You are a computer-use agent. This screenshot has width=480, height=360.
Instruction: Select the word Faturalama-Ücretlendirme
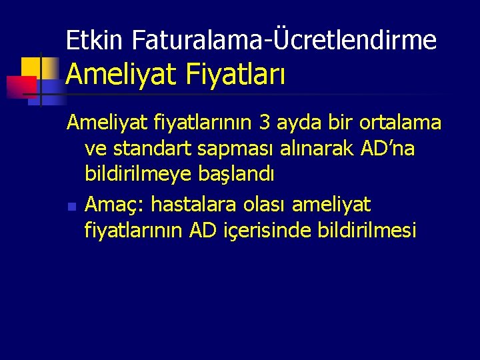285,41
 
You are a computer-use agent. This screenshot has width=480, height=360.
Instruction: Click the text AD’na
386,149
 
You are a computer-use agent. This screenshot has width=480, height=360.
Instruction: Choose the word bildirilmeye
140,175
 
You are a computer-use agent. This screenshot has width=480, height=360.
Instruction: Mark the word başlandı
237,175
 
